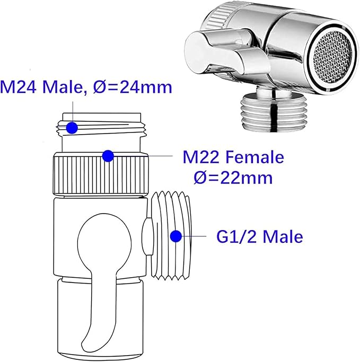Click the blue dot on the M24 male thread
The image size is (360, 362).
72,128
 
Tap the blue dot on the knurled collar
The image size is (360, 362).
108,156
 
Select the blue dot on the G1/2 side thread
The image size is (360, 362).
176,236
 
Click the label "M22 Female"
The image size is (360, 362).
233,157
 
